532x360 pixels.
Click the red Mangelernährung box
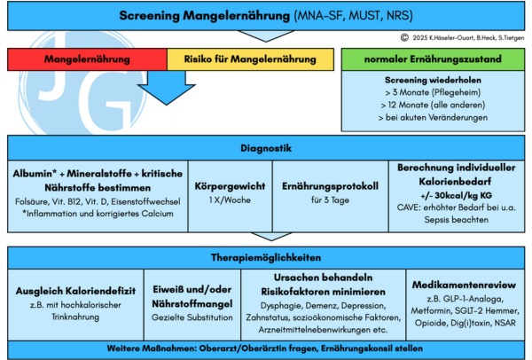[x=87, y=59]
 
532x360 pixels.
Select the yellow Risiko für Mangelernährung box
[x=250, y=59]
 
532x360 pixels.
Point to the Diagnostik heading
[x=265, y=148]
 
